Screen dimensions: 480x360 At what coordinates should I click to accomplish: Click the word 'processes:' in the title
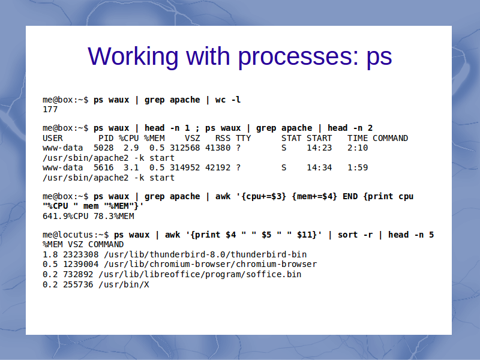click(298, 57)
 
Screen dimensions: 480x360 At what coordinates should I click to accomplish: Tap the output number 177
click(50, 109)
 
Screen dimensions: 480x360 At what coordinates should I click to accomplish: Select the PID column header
click(106, 138)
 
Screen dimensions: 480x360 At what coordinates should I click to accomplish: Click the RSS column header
click(223, 138)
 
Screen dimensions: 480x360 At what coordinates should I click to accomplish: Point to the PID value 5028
click(103, 148)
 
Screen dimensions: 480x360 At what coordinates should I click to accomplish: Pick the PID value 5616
click(103, 168)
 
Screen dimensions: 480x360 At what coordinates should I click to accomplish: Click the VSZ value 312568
click(185, 148)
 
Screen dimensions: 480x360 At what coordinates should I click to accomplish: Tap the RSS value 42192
click(218, 168)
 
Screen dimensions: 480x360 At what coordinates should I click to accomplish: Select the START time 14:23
click(319, 148)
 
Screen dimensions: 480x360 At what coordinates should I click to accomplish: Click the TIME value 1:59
click(358, 168)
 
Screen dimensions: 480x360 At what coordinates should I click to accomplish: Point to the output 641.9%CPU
click(65, 216)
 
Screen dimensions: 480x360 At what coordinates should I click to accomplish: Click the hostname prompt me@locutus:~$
click(76, 235)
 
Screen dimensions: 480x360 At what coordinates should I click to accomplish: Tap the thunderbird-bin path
click(205, 254)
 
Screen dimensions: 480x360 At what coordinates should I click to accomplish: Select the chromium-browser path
click(211, 264)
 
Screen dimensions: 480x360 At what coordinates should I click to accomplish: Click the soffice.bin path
click(200, 274)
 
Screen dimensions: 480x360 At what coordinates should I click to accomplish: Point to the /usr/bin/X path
click(124, 284)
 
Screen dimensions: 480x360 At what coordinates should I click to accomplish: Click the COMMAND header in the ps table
click(391, 138)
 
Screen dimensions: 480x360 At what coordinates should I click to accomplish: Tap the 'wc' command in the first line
click(220, 100)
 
